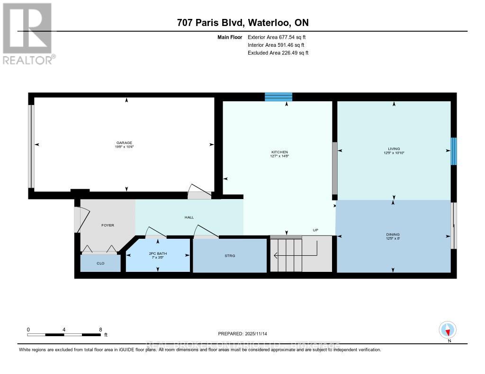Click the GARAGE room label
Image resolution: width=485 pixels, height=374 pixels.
124,143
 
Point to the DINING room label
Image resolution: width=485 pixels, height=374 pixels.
393,235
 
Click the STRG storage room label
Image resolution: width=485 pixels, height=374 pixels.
230,256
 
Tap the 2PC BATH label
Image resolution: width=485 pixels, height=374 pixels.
158,254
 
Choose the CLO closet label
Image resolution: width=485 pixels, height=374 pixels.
100,263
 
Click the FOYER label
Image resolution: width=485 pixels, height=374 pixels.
108,225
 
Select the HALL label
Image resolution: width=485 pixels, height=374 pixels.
189,217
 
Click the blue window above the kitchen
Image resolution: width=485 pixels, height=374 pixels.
278,97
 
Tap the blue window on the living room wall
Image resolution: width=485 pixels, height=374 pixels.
453,151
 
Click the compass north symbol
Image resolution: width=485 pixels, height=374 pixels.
447,330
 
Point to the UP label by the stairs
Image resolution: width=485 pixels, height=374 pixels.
315,230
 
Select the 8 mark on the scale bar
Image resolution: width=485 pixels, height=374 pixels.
100,330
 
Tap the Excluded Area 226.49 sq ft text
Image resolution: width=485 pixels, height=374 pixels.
278,53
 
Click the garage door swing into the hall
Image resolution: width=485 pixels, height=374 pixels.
199,191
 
